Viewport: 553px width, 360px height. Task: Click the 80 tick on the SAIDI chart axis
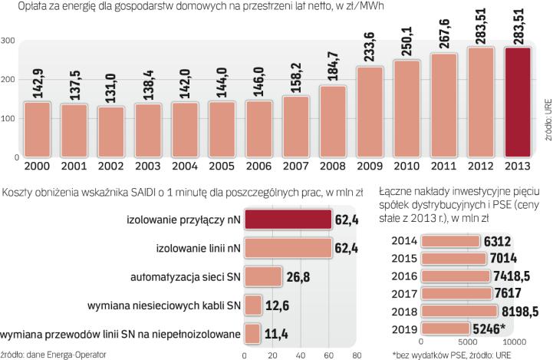coord(356,355)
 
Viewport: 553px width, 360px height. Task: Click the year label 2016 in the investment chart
coord(404,276)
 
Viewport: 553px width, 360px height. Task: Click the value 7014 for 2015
coord(504,259)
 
